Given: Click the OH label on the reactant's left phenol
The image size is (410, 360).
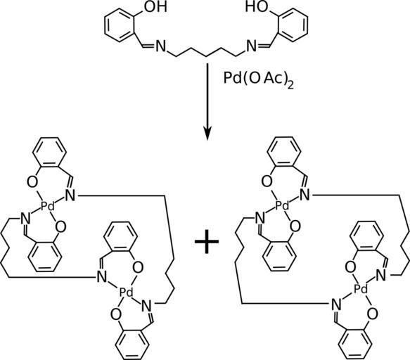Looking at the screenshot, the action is click(x=156, y=6).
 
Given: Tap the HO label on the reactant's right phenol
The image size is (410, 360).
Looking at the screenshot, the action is click(x=257, y=6).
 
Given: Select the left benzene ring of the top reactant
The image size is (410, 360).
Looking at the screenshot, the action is click(x=120, y=25).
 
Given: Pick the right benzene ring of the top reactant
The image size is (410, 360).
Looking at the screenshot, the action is click(x=292, y=25).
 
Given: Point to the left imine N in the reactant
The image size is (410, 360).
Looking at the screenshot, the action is click(x=161, y=46).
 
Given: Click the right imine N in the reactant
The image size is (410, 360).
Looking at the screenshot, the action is click(x=252, y=46).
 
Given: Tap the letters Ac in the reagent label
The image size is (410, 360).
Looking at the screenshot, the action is click(x=272, y=78).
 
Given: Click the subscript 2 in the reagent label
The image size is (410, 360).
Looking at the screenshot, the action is click(x=290, y=85).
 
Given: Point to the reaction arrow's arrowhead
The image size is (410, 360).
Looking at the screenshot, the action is click(x=207, y=134).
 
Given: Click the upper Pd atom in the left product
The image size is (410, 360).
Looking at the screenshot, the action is click(x=49, y=207).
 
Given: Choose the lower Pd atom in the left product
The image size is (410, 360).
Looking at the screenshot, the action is click(x=126, y=292).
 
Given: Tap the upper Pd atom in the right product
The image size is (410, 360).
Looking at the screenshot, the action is click(x=283, y=206).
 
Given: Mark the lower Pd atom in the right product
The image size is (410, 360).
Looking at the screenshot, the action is click(x=361, y=289).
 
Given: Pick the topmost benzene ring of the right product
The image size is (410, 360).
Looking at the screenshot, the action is click(x=284, y=152).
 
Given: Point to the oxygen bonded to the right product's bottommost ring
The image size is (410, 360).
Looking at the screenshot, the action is click(x=372, y=313).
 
